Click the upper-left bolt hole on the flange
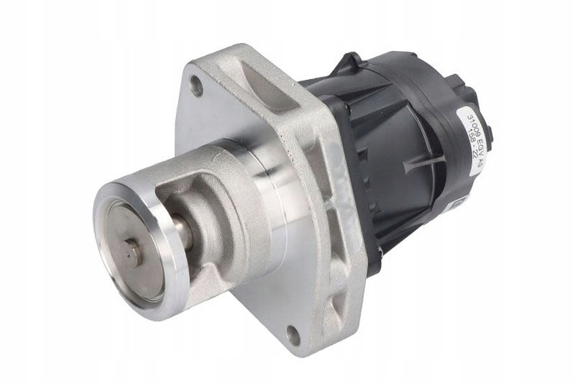click(196, 88)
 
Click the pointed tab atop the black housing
click(351, 61)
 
